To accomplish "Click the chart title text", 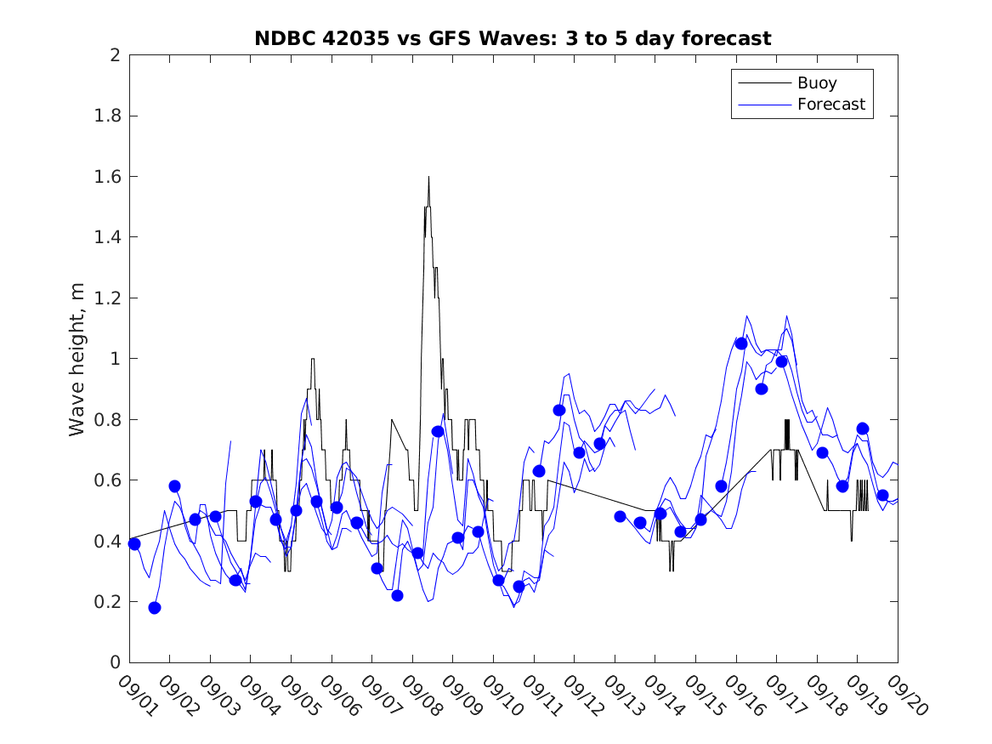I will click(513, 38).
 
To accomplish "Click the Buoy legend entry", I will click(817, 83).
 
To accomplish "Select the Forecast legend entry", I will click(830, 105).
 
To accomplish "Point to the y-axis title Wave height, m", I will click(77, 360).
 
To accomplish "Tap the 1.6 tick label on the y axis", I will click(108, 177).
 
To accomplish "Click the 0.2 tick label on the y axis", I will click(108, 602).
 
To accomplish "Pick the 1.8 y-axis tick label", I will click(108, 116).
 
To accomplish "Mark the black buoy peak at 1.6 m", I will click(428, 177).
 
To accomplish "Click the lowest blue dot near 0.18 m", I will click(155, 608).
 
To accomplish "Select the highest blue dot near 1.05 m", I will click(741, 344).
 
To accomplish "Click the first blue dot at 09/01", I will click(134, 544).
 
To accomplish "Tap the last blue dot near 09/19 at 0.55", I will click(882, 496).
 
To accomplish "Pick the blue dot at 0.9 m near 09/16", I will click(762, 389).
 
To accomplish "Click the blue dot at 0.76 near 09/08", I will click(438, 431).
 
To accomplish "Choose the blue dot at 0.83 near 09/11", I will click(559, 411).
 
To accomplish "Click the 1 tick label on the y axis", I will click(114, 359).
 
